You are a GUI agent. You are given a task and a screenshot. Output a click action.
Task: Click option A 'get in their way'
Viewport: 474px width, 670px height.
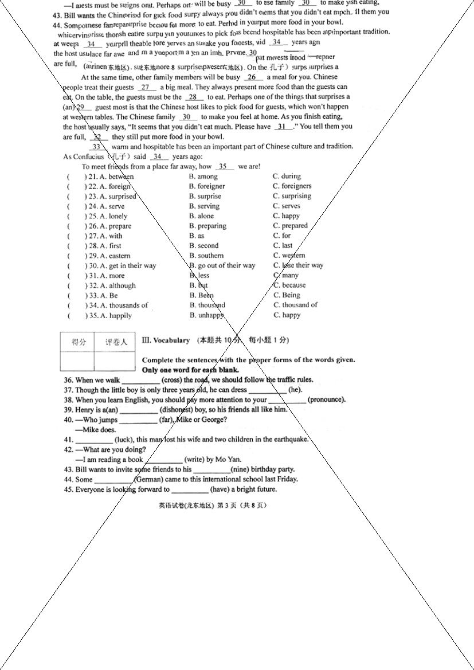click(128, 266)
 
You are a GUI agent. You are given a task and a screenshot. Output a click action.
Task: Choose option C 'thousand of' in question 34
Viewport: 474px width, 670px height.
click(295, 305)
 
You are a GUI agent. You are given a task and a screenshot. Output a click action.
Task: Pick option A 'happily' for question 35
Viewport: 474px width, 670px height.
click(116, 315)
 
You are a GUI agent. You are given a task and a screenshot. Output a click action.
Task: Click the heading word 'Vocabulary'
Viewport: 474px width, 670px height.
click(171, 340)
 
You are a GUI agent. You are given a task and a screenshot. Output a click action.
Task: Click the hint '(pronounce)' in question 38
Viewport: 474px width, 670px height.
click(326, 400)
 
